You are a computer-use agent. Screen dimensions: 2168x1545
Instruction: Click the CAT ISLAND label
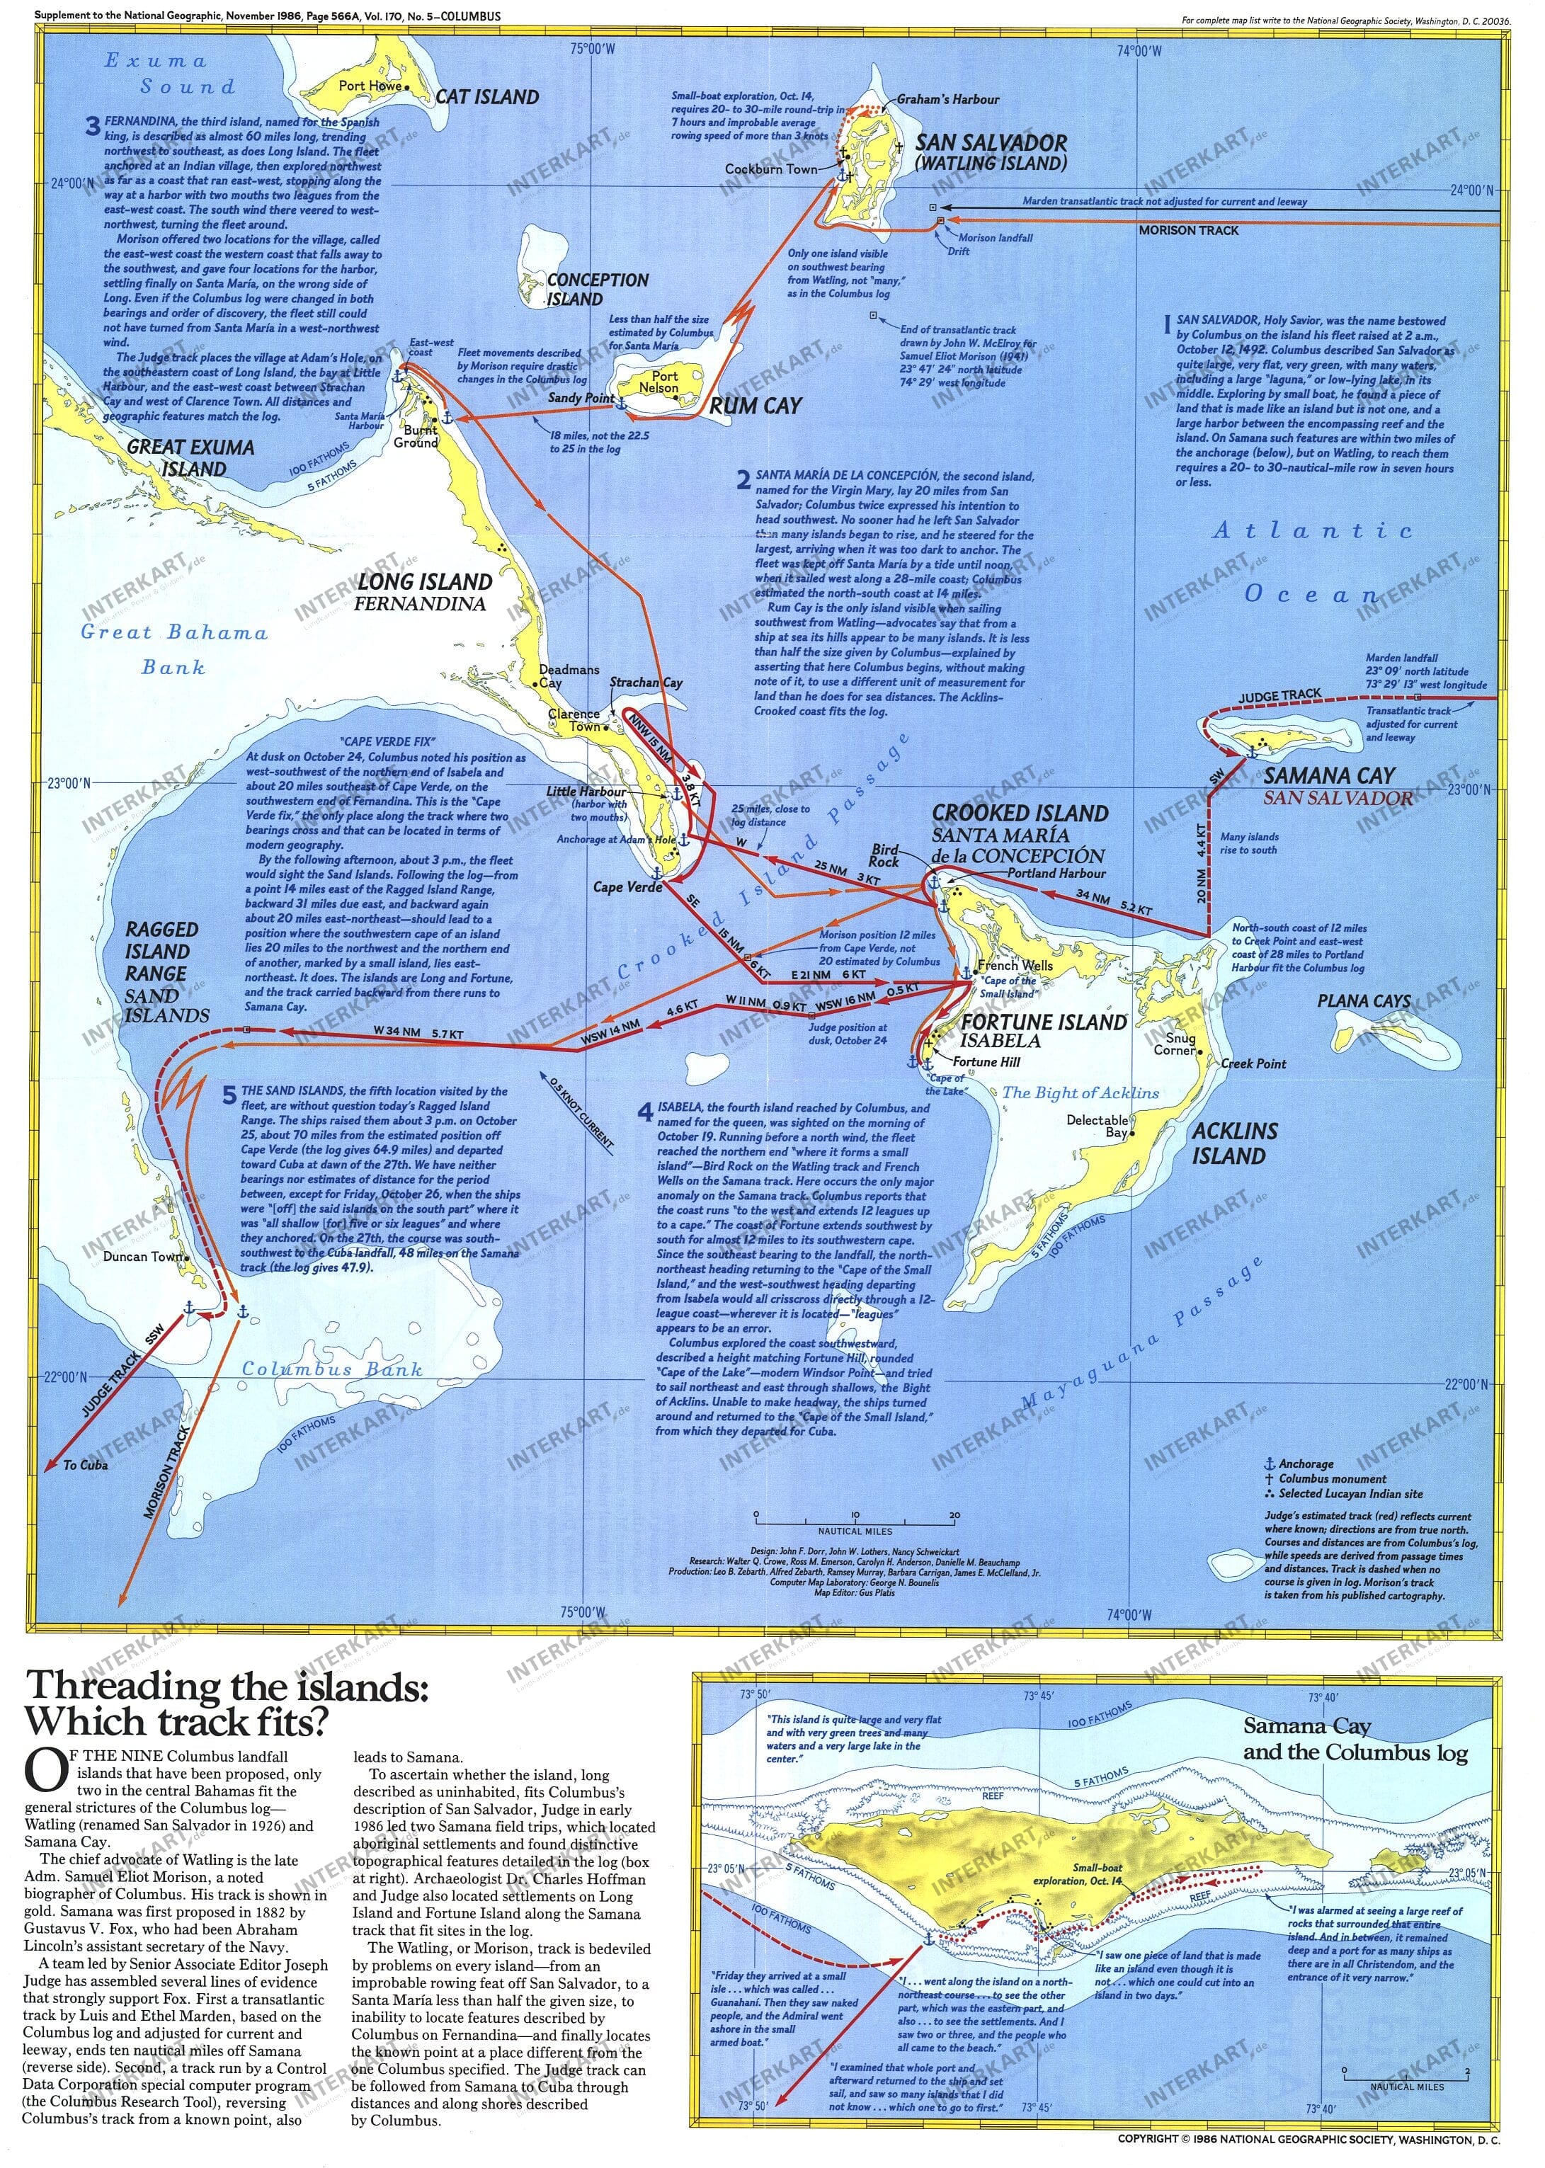(487, 97)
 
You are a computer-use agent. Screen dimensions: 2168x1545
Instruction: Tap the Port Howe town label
(370, 86)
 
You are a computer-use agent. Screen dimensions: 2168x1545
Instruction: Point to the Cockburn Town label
(770, 169)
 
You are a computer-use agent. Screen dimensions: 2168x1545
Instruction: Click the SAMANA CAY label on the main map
(1328, 775)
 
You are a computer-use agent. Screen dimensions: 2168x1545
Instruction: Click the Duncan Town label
(143, 1257)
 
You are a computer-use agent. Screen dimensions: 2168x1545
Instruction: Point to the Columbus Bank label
(331, 1369)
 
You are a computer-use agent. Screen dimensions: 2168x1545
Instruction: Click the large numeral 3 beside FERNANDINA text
(92, 127)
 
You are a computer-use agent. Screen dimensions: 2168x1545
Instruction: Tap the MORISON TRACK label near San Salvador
(1188, 230)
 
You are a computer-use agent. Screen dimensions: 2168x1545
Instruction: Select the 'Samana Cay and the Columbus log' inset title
(1354, 1739)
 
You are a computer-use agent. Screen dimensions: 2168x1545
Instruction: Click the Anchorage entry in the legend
(1305, 1464)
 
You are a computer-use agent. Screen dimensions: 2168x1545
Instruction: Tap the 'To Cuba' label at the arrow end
(85, 1465)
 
